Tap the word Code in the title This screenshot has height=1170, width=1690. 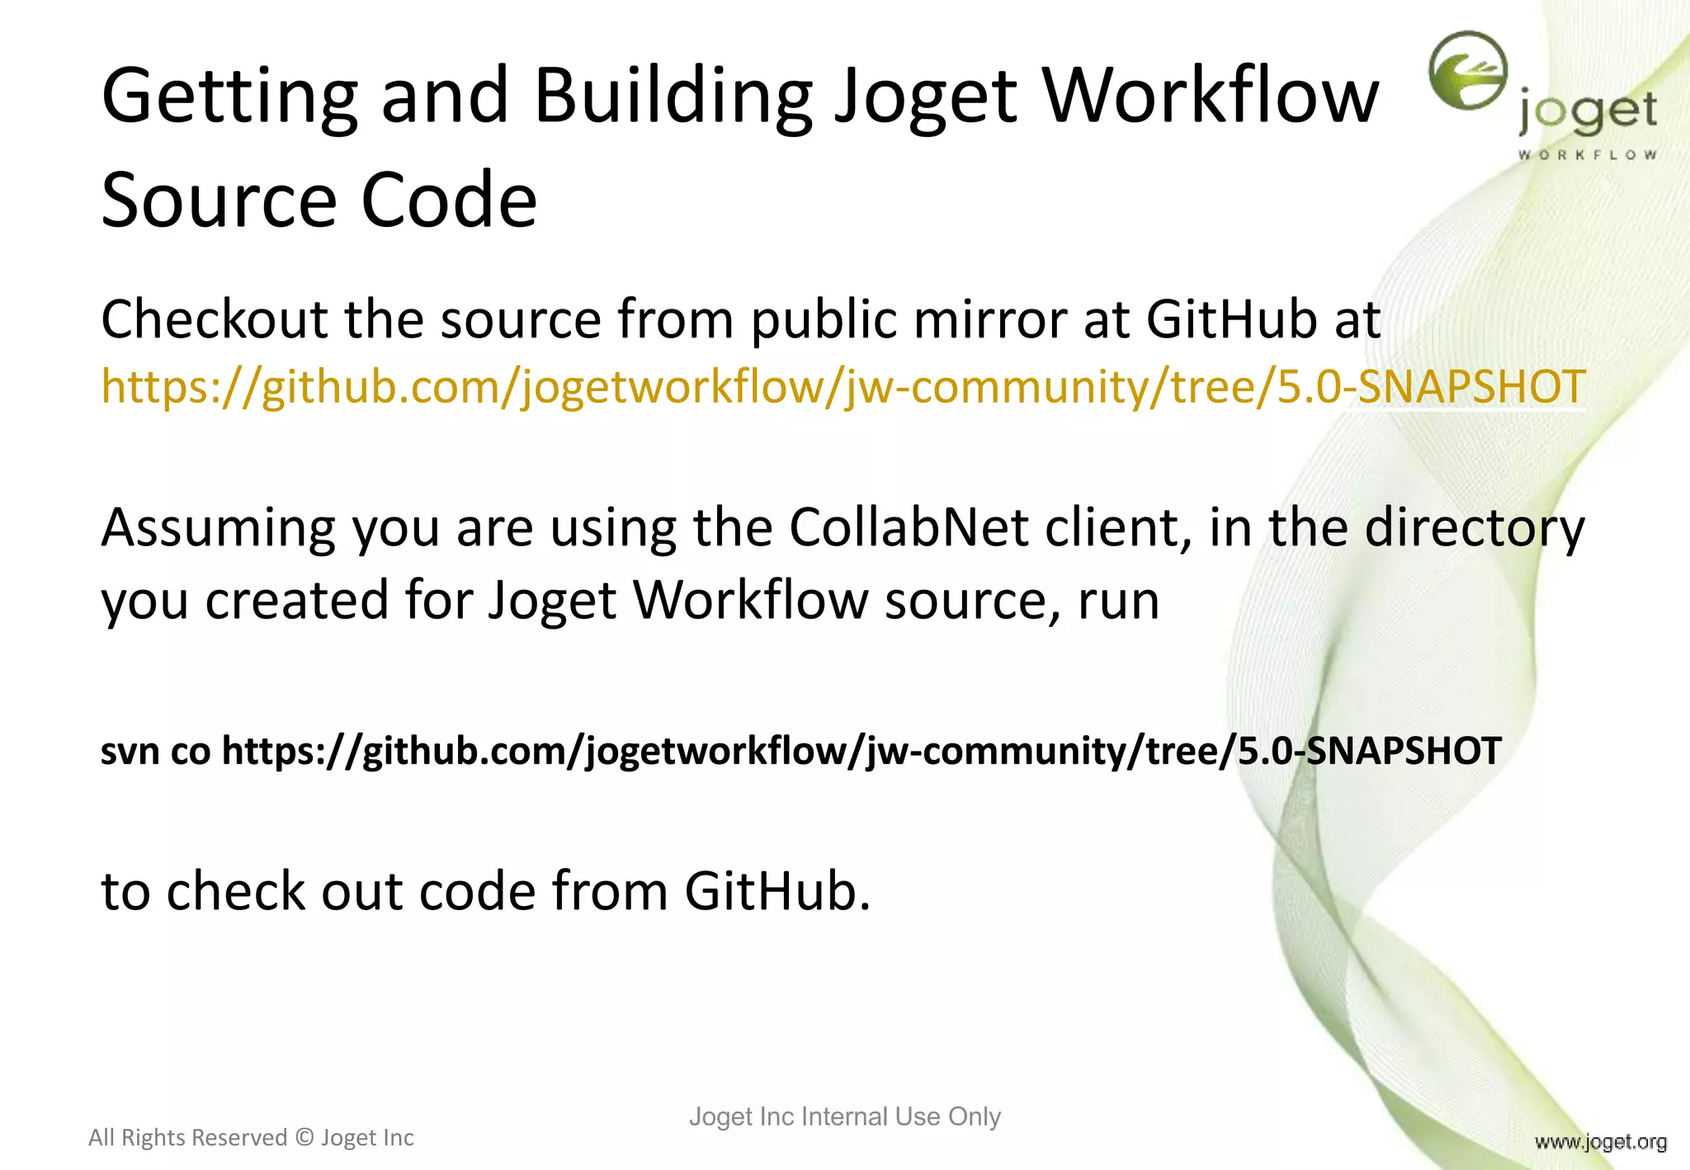click(x=449, y=201)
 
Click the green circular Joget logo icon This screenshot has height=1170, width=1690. click(x=1468, y=71)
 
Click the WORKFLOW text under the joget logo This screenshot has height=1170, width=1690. click(x=1587, y=155)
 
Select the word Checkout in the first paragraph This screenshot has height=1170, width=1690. click(x=214, y=320)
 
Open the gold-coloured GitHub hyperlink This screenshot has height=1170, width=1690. click(x=842, y=386)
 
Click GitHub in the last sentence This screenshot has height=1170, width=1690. click(x=777, y=892)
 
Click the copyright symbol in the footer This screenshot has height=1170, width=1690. click(x=304, y=1138)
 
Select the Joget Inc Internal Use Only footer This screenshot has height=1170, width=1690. click(x=844, y=1116)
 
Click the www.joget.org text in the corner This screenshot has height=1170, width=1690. click(x=1600, y=1143)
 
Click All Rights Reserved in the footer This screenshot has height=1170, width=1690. click(x=187, y=1138)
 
